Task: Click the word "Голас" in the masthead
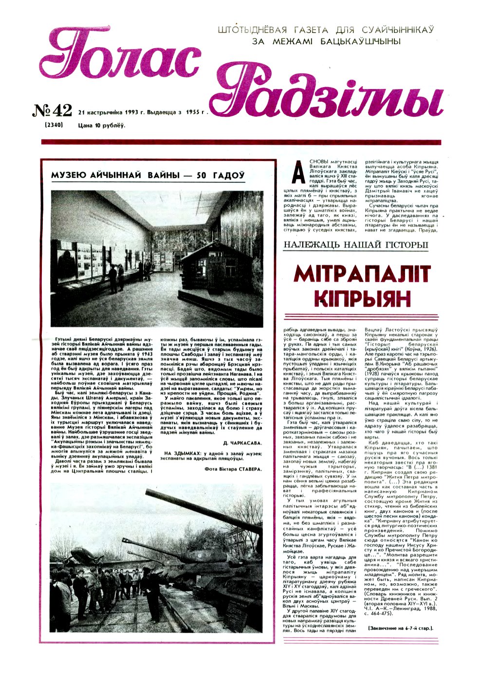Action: pyautogui.click(x=119, y=58)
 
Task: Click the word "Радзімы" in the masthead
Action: pyautogui.click(x=326, y=95)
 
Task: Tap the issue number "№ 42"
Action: pyautogui.click(x=53, y=111)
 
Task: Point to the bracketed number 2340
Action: pyautogui.click(x=53, y=125)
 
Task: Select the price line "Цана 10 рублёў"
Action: pyautogui.click(x=101, y=126)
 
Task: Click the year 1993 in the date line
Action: pyautogui.click(x=132, y=111)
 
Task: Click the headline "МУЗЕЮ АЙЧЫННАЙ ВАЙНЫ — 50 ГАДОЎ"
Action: pyautogui.click(x=148, y=175)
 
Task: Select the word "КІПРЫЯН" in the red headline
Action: pyautogui.click(x=363, y=298)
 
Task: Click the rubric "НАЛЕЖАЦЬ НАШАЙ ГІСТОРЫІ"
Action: pyautogui.click(x=356, y=245)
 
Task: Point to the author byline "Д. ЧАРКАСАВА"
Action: pyautogui.click(x=242, y=443)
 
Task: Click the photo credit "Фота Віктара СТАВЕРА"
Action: pyautogui.click(x=233, y=469)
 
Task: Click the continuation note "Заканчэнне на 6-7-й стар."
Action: pyautogui.click(x=401, y=628)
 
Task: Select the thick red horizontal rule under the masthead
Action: pyautogui.click(x=241, y=142)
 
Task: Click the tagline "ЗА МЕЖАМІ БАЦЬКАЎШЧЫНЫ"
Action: pyautogui.click(x=326, y=42)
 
